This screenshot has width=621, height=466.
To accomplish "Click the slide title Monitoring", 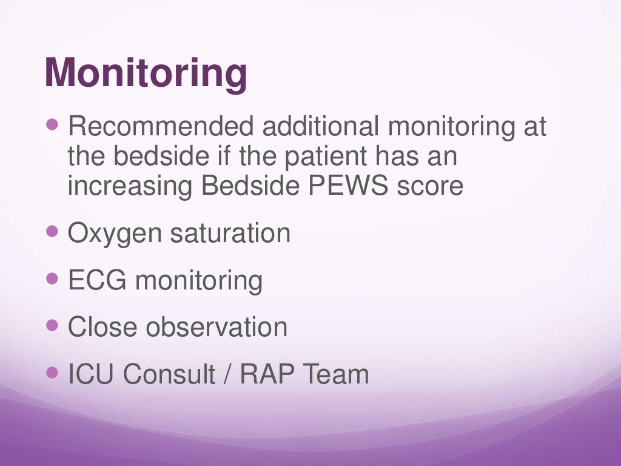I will pos(146,72).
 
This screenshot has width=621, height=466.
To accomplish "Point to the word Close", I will pos(102,328).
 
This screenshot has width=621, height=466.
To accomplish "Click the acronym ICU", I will pos(92,374).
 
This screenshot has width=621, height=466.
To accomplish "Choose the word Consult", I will pos(169,374).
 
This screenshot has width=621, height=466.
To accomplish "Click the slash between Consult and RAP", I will pos(227,374).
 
